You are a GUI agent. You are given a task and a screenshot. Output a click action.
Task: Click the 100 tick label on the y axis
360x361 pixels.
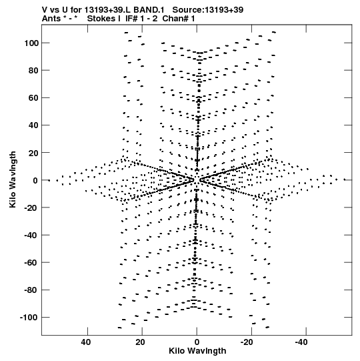31,43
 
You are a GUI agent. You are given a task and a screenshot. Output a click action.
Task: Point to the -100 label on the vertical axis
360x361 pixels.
29,318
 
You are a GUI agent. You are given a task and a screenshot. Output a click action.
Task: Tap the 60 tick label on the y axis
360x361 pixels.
33,98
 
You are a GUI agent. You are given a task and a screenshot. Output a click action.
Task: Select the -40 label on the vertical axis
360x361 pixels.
31,235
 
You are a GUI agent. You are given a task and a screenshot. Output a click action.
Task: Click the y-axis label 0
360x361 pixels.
35,180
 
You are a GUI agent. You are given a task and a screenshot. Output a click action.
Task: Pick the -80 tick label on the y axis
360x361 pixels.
31,290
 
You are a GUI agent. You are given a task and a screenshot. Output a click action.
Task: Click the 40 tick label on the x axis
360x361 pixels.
85,342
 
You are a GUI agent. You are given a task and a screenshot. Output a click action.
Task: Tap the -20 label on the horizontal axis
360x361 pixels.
247,342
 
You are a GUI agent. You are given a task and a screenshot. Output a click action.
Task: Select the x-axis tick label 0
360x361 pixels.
197,342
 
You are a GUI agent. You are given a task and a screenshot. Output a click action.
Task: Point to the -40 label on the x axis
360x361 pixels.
301,342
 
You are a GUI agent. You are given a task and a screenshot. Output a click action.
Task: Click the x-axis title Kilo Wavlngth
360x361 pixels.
197,351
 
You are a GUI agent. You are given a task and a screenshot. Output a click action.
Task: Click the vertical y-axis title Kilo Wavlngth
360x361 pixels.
13,179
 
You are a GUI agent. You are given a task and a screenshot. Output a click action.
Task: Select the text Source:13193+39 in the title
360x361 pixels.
208,10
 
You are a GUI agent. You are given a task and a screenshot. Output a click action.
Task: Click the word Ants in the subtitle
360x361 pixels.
51,19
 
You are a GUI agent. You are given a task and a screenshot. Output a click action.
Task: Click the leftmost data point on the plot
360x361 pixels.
49,180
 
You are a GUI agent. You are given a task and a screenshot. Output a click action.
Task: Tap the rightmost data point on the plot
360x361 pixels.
345,179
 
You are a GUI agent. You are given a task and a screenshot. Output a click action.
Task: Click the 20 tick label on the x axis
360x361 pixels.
140,342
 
